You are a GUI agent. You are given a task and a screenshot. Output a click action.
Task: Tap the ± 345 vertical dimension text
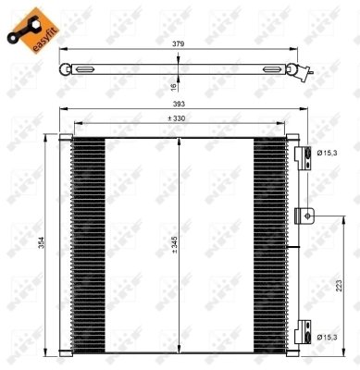(172, 244)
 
